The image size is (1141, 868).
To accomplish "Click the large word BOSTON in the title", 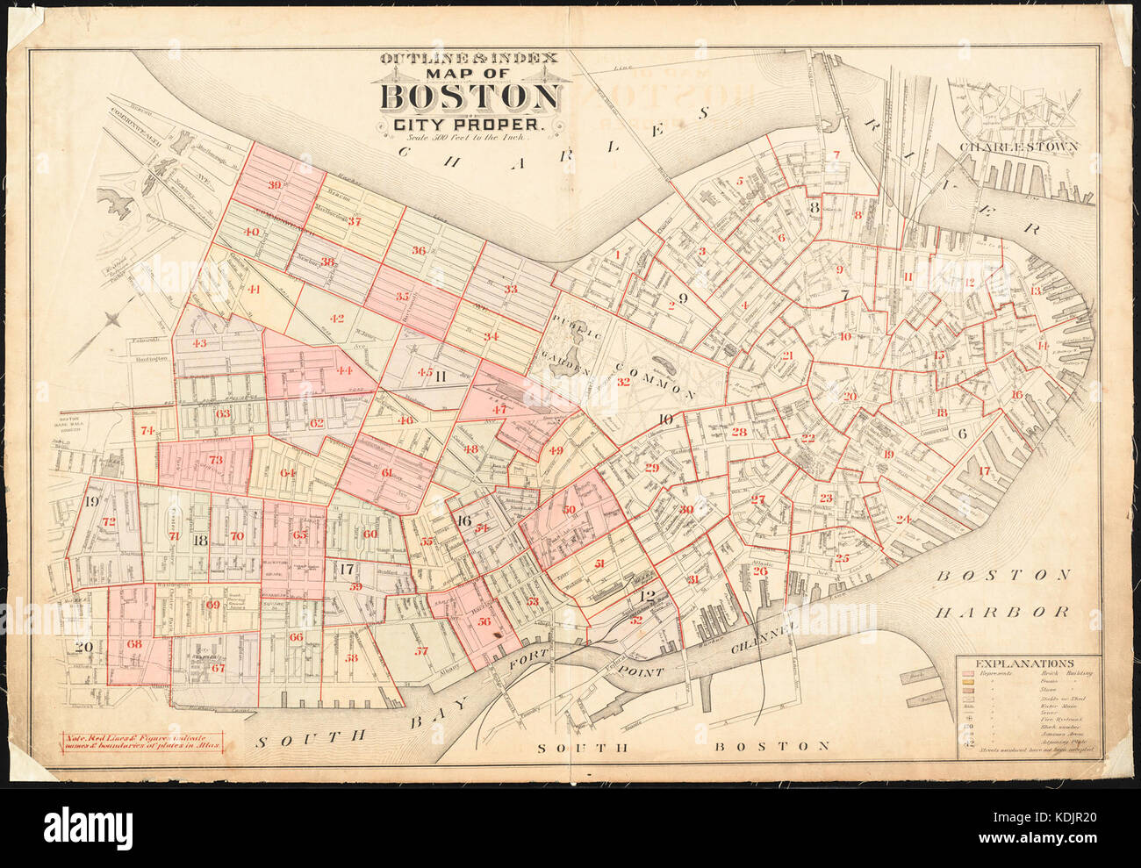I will click(472, 97).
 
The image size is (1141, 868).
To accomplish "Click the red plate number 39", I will click(276, 185).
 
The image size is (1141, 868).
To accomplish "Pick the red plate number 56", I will click(484, 620).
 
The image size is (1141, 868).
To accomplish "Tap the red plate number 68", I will click(134, 644).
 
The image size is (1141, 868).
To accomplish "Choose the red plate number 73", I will click(215, 460).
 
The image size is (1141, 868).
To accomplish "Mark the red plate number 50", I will click(569, 510).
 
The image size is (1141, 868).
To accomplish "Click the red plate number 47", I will click(499, 409).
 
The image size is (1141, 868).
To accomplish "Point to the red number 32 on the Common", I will click(623, 381).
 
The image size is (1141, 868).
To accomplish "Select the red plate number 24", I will click(903, 519).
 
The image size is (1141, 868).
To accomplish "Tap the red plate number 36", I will click(419, 251).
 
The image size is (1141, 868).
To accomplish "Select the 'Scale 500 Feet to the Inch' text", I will click(470, 139).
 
